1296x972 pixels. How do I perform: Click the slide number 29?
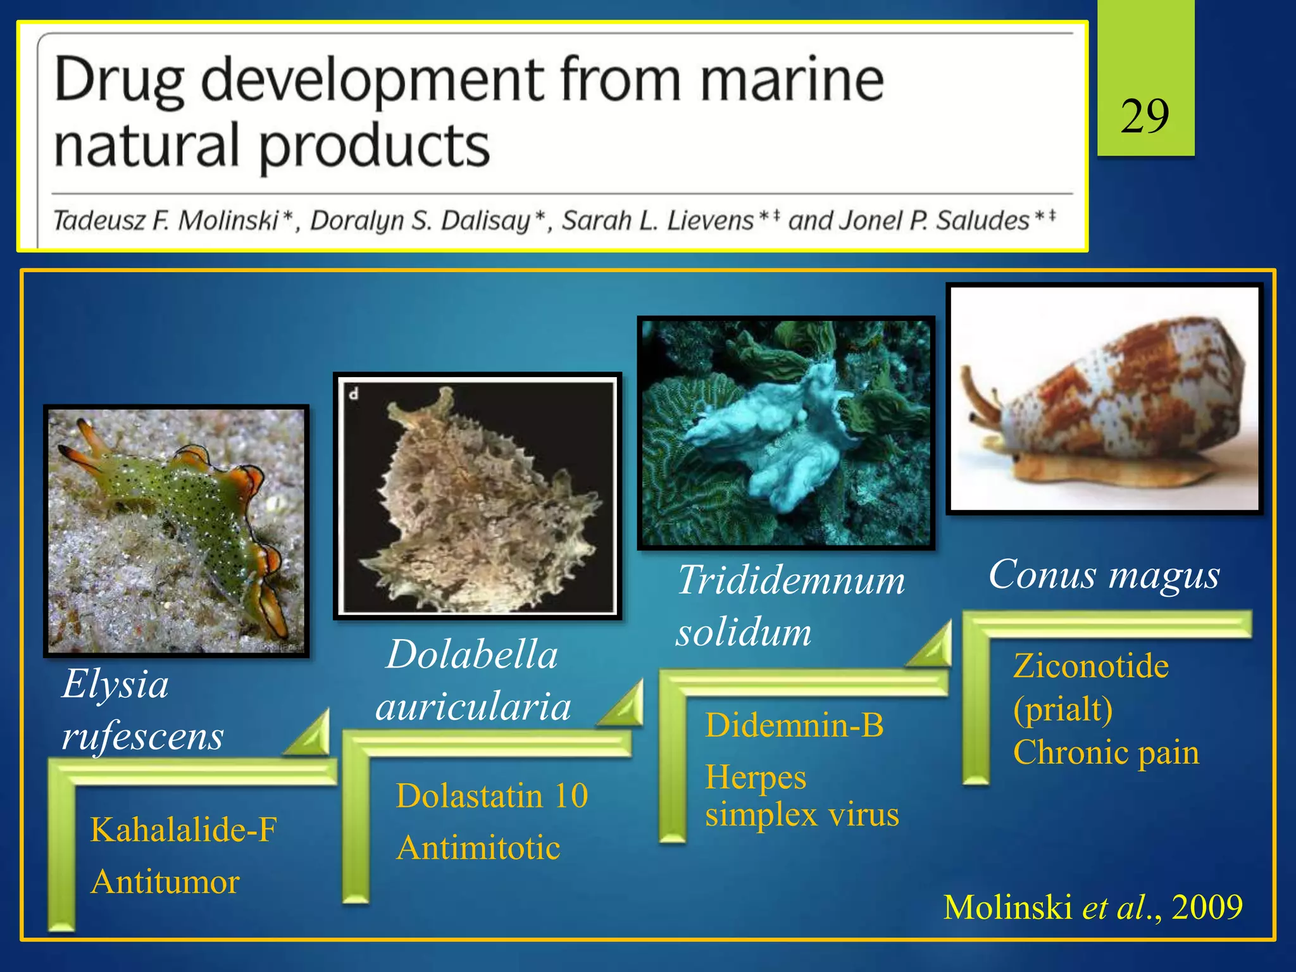(1144, 117)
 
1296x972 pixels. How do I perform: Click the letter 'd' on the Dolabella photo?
(354, 394)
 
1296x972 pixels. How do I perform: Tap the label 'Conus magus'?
(1104, 575)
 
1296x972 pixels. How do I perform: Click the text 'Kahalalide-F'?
(184, 830)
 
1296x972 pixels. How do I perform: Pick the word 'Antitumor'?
(165, 882)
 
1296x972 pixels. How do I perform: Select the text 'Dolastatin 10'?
(492, 795)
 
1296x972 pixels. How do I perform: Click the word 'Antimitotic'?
(478, 847)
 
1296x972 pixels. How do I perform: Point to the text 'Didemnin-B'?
(794, 725)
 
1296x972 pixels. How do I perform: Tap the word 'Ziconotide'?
(1090, 666)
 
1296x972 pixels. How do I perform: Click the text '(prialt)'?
(1062, 709)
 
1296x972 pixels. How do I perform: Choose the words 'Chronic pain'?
(1106, 752)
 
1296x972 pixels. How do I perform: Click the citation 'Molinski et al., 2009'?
(1092, 907)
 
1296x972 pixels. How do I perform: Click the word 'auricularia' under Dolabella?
(473, 707)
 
